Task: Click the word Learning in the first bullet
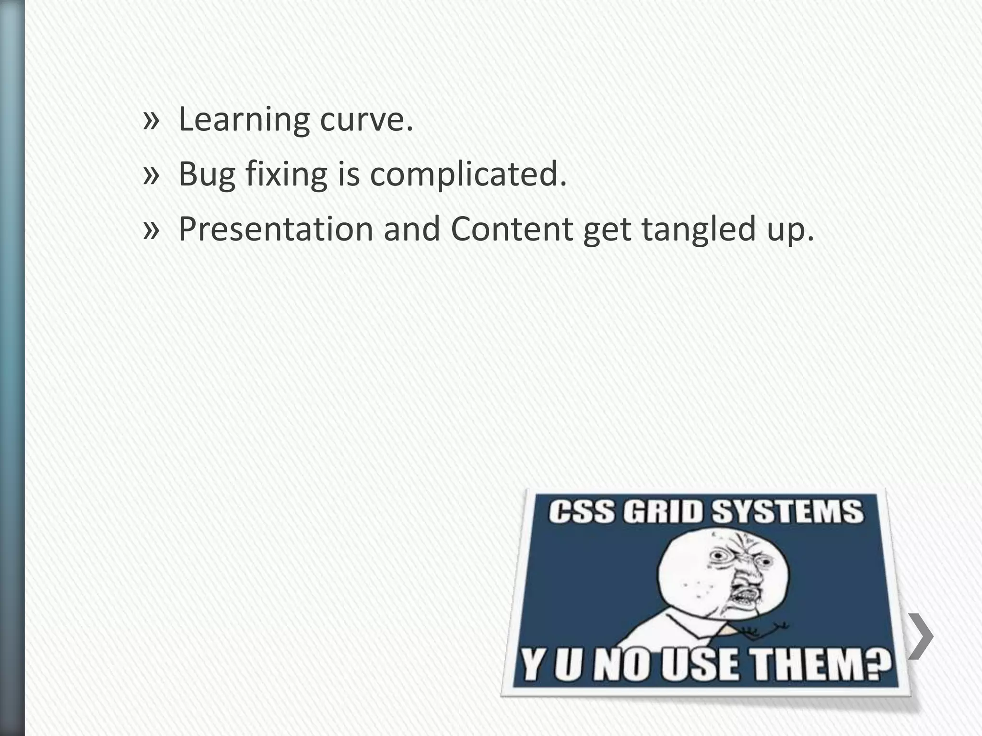click(244, 120)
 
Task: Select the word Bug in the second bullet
click(207, 174)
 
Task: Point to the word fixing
click(286, 174)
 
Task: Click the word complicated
click(468, 174)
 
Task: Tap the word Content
click(512, 229)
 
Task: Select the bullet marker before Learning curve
click(151, 120)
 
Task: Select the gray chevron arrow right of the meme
click(921, 636)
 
